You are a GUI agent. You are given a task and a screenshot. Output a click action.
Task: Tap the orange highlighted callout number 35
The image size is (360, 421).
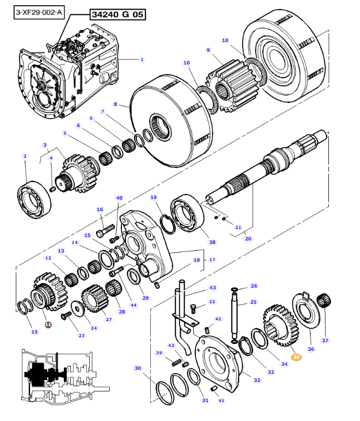click(x=296, y=357)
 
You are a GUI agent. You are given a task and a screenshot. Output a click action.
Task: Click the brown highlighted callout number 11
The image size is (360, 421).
click(x=48, y=324)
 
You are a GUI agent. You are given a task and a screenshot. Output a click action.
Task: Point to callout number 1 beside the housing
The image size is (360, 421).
click(x=142, y=59)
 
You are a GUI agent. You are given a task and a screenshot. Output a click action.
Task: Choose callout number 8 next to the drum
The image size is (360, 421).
click(x=115, y=104)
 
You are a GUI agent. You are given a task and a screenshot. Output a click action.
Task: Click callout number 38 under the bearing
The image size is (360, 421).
click(x=212, y=242)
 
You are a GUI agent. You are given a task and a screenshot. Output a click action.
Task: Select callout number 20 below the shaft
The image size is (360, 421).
click(x=248, y=239)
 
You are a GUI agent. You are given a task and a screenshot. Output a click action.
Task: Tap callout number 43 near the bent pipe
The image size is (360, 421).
click(x=212, y=287)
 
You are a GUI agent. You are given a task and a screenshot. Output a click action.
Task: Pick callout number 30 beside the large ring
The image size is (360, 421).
click(x=137, y=368)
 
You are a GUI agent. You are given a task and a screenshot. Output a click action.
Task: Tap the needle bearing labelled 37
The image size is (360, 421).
click(x=326, y=302)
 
